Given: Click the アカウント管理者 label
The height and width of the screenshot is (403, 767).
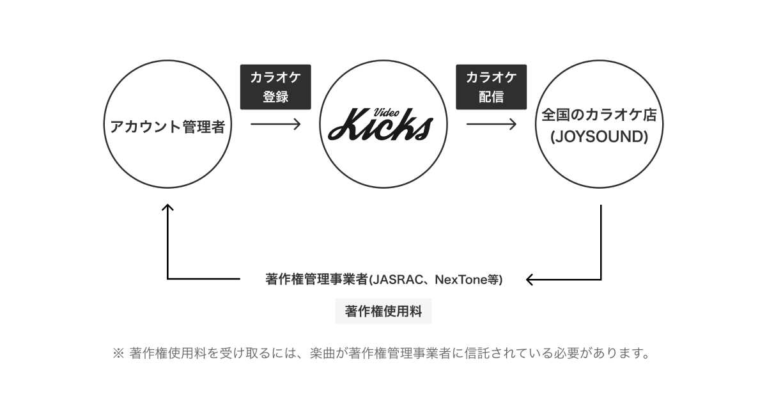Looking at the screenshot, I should click(167, 126).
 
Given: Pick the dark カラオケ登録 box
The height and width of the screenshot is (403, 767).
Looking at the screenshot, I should click(275, 86).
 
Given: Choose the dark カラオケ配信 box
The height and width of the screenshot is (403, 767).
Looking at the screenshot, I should click(491, 86).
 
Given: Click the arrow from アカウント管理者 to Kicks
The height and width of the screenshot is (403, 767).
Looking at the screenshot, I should click(275, 123).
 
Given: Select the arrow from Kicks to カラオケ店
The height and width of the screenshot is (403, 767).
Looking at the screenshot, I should click(492, 123).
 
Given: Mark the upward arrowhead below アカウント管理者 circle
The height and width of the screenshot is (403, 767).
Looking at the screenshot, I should click(167, 209).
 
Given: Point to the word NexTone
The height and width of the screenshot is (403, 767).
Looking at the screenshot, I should click(457, 280).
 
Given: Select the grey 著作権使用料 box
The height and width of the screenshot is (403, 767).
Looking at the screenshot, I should click(383, 312).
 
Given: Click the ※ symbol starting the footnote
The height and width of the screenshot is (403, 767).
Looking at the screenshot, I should click(118, 352).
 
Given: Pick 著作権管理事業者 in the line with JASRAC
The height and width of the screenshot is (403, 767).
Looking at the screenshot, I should click(316, 280).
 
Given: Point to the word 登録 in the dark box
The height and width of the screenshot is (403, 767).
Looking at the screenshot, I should click(275, 97).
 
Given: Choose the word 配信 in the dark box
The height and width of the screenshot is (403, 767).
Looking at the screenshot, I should click(491, 97).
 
